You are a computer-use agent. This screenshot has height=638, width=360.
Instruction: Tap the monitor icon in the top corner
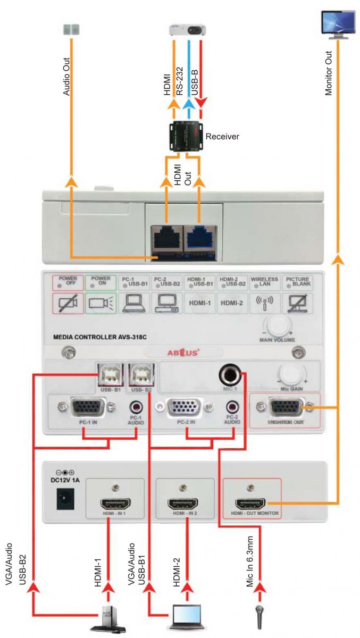click(x=336, y=24)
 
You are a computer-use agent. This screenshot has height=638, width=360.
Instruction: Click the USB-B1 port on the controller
click(x=109, y=375)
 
